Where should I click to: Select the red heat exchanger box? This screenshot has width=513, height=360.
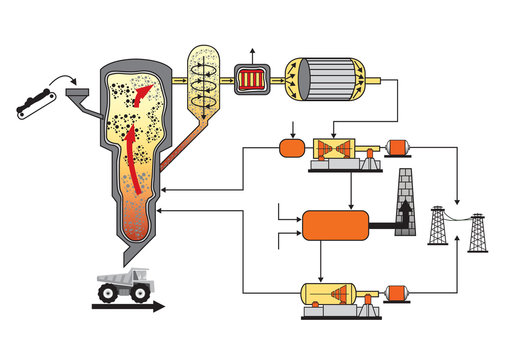[252, 76]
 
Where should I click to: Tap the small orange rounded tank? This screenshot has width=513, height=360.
[291, 150]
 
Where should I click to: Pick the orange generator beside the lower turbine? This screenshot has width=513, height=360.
[399, 294]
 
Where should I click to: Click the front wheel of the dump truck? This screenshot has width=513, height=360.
[107, 293]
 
